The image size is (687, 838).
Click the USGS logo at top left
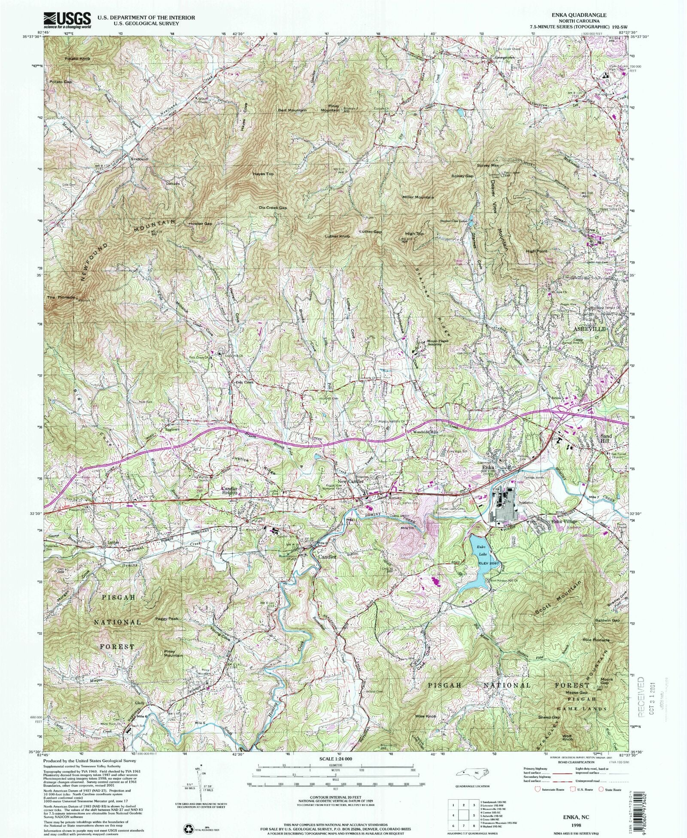coord(68,20)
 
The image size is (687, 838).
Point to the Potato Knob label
coord(78,58)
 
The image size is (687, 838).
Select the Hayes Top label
coord(263,174)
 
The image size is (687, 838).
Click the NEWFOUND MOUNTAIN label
coord(125,250)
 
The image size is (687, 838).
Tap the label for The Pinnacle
coord(61,297)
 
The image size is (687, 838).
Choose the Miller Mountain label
coord(418,197)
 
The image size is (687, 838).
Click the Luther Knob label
coord(338,237)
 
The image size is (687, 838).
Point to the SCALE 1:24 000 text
coord(336,759)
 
